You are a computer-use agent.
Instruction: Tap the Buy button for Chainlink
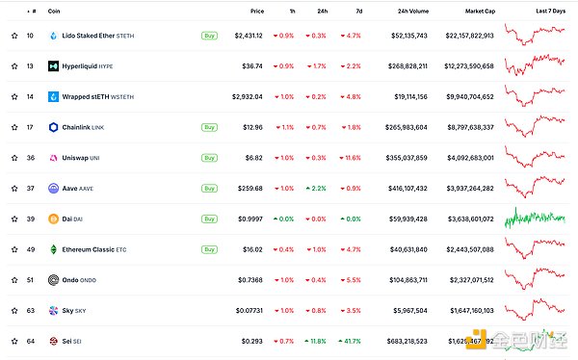209,127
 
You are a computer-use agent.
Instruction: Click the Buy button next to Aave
209,189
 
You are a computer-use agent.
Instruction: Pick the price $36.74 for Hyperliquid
253,66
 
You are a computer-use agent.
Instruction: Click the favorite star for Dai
14,219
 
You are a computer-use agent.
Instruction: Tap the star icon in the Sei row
14,341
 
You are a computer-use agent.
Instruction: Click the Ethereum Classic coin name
90,249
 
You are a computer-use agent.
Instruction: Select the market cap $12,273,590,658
464,66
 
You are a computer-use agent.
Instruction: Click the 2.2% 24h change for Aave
315,189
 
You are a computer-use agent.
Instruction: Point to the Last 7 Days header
550,11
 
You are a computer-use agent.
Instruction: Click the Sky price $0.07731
250,310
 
